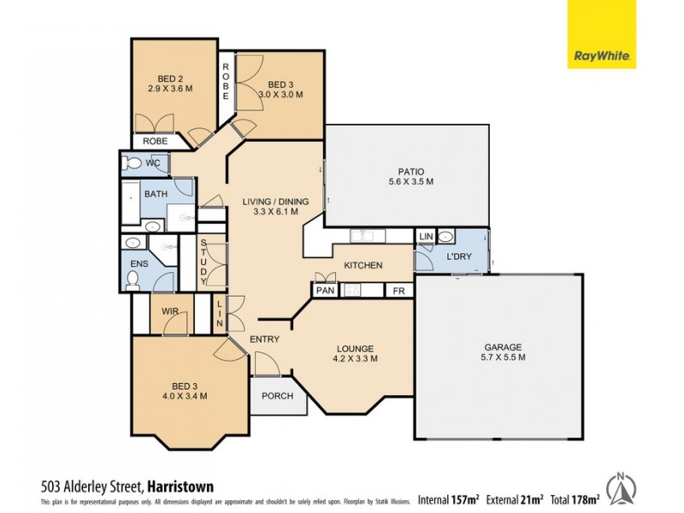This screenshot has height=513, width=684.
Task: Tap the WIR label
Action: coord(169,312)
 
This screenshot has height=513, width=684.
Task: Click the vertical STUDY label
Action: coord(203,262)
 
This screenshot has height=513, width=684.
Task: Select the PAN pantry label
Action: coord(325,291)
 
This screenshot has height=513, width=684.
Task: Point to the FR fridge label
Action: coord(398,291)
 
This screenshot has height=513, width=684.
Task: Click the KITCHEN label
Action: coord(363,266)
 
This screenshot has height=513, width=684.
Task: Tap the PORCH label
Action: coord(277,396)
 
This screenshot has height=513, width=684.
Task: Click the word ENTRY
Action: coord(264,339)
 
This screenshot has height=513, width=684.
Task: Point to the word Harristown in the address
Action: coord(181,487)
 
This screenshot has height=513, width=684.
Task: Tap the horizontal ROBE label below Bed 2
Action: coord(155,141)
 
